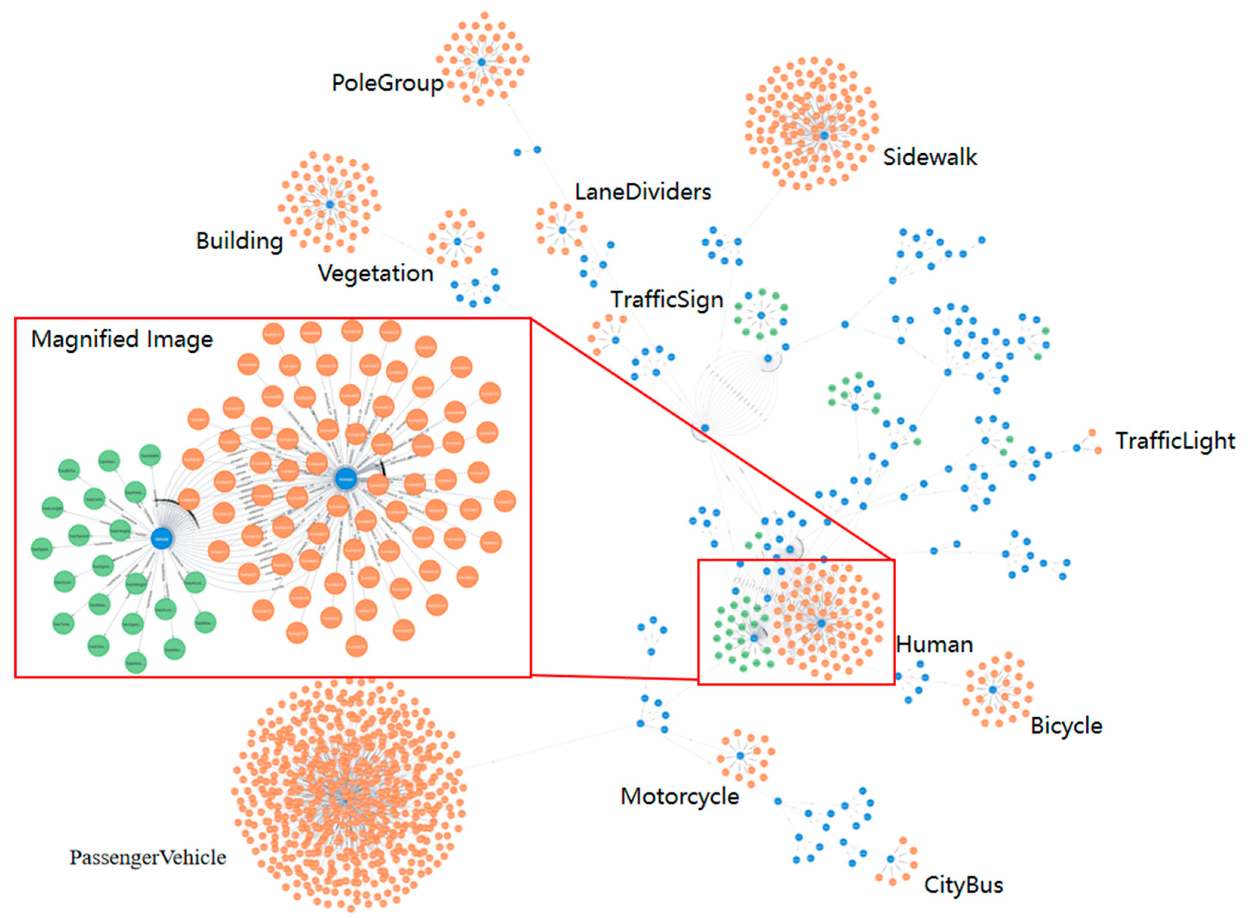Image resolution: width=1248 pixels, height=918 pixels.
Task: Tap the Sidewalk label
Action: [x=929, y=157]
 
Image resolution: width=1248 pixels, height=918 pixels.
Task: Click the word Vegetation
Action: [x=375, y=273]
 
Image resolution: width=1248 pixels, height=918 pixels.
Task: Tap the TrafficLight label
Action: [x=1175, y=441]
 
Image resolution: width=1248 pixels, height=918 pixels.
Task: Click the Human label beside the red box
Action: [x=934, y=645]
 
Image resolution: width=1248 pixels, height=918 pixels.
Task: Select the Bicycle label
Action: [x=1066, y=726]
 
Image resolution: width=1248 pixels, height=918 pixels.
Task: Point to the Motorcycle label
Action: [x=679, y=796]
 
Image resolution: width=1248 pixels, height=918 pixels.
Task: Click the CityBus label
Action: [x=963, y=885]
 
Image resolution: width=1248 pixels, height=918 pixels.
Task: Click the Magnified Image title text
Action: [x=122, y=339]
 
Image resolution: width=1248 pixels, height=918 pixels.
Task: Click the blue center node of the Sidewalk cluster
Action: [x=824, y=136]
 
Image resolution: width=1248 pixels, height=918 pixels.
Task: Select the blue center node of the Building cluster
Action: [x=329, y=205]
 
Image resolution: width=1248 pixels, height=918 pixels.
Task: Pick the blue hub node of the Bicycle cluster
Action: [x=993, y=690]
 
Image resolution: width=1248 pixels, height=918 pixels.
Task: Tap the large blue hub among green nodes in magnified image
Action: [x=162, y=538]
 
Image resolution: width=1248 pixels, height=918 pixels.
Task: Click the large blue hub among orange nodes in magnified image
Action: [x=345, y=478]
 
